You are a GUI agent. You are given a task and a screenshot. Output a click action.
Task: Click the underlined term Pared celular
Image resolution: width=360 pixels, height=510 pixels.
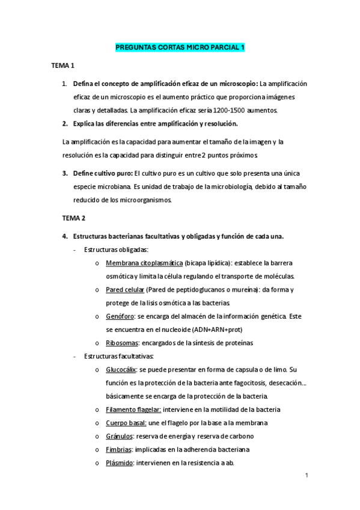124,289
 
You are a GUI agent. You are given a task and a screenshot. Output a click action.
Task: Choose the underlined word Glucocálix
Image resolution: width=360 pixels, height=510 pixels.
121,369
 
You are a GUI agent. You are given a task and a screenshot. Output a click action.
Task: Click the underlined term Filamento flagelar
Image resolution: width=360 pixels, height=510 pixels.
133,410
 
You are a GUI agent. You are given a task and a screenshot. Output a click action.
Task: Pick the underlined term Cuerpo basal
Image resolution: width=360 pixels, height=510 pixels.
125,423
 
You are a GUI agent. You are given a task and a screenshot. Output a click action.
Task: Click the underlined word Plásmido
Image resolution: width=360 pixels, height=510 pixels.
119,462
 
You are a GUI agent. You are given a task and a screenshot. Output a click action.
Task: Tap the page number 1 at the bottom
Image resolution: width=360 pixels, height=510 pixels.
307,476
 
